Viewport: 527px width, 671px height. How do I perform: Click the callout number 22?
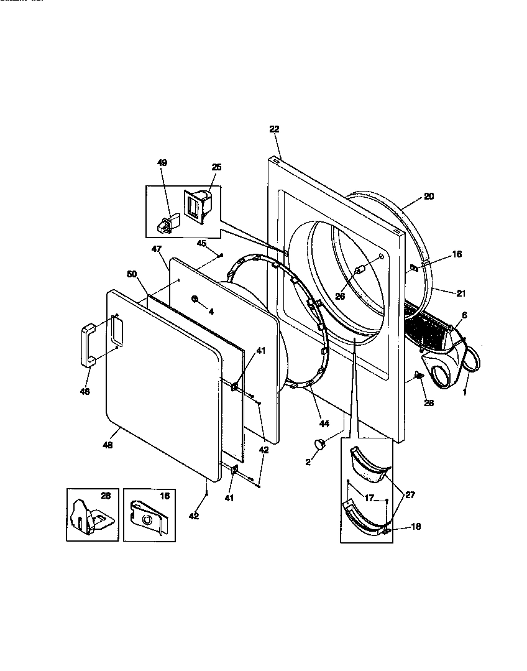[x=274, y=129]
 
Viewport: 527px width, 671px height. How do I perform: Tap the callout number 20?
[x=429, y=197]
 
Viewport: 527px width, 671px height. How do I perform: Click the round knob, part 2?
[x=320, y=444]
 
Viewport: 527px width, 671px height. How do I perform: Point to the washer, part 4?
[x=195, y=300]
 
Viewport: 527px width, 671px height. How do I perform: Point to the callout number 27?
[x=409, y=495]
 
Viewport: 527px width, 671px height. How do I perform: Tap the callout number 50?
[x=131, y=274]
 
